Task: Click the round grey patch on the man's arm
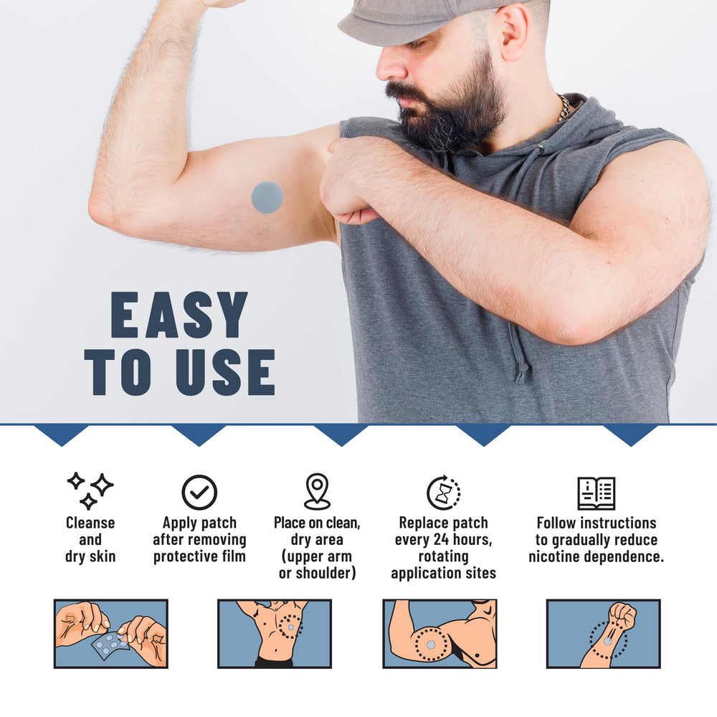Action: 267,197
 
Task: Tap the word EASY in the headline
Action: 179,315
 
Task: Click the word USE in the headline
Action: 225,371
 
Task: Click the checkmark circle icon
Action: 199,492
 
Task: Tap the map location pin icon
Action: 318,491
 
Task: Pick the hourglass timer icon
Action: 444,493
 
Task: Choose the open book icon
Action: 597,493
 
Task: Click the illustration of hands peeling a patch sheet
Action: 110,634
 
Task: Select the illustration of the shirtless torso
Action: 275,634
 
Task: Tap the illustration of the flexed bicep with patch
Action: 440,634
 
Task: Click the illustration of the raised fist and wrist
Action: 604,634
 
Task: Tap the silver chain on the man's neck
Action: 565,108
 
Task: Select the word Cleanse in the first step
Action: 90,523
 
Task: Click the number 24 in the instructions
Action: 441,540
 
